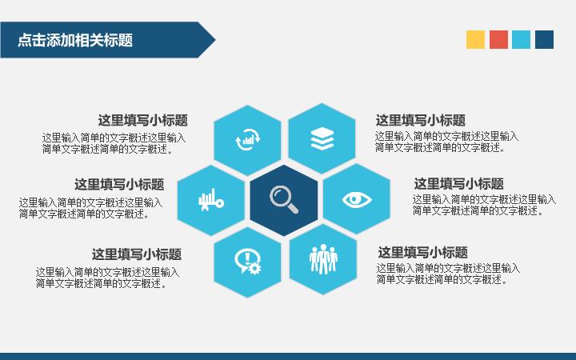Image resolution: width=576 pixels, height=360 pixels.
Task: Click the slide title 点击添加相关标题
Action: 75,40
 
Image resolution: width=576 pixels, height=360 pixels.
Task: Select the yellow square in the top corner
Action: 475,40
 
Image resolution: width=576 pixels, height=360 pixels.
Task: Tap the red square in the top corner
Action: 498,40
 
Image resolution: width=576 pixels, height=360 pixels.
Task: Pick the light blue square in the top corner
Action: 522,40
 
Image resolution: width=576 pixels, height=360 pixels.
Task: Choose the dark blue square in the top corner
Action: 545,40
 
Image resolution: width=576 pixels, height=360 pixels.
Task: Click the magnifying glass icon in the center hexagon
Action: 283,199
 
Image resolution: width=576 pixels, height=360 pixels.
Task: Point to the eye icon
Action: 357,199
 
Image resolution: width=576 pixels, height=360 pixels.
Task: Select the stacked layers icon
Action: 322,139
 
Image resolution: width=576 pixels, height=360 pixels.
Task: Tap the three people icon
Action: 323,259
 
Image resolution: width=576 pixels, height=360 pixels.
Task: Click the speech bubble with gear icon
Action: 248,262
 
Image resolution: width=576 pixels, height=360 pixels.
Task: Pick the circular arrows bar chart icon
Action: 247,139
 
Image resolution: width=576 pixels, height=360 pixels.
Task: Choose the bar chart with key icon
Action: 211,200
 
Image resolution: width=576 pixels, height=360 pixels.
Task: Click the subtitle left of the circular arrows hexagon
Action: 143,120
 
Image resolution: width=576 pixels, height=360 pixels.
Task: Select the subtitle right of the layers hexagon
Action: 421,120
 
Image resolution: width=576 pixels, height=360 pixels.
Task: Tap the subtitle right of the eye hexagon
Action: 459,183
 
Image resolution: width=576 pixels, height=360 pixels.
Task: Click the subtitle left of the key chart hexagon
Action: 119,184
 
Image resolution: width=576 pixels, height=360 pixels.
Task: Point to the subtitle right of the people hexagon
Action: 423,252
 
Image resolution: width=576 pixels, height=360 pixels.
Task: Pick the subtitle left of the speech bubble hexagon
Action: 137,254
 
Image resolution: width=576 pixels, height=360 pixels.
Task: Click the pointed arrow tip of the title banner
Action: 215,40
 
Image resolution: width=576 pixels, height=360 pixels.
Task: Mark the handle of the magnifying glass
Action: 293,207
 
